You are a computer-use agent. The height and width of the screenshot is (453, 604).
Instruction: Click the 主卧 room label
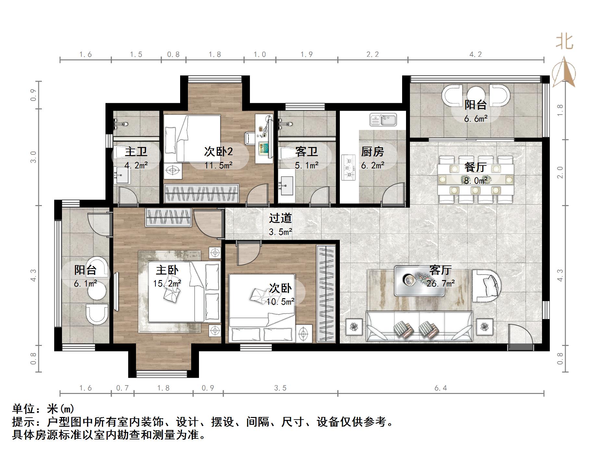[x=167, y=270]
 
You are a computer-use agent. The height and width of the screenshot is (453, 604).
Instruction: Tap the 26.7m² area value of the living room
[x=440, y=284]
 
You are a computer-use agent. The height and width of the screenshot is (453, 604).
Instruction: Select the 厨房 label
[x=373, y=152]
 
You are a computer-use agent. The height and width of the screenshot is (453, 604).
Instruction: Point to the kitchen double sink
[x=383, y=119]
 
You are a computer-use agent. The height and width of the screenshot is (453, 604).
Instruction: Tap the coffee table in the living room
[x=419, y=281]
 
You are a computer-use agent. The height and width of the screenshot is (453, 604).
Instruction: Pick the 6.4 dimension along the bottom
[x=440, y=388]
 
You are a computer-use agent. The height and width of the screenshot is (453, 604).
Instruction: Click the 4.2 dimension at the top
[x=475, y=54]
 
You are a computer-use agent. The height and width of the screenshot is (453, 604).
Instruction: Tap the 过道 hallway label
[x=280, y=218]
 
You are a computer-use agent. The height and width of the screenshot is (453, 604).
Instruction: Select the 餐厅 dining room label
[x=475, y=167]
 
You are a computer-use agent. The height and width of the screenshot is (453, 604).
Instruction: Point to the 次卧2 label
[x=218, y=152]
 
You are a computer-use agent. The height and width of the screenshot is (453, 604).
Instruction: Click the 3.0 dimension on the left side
[x=33, y=157]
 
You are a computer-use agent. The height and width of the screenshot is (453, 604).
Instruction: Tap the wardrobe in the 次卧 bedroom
[x=326, y=294]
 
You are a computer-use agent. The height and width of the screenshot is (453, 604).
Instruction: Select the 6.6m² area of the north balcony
[x=475, y=119]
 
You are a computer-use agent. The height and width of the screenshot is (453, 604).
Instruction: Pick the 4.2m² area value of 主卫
[x=136, y=165]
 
